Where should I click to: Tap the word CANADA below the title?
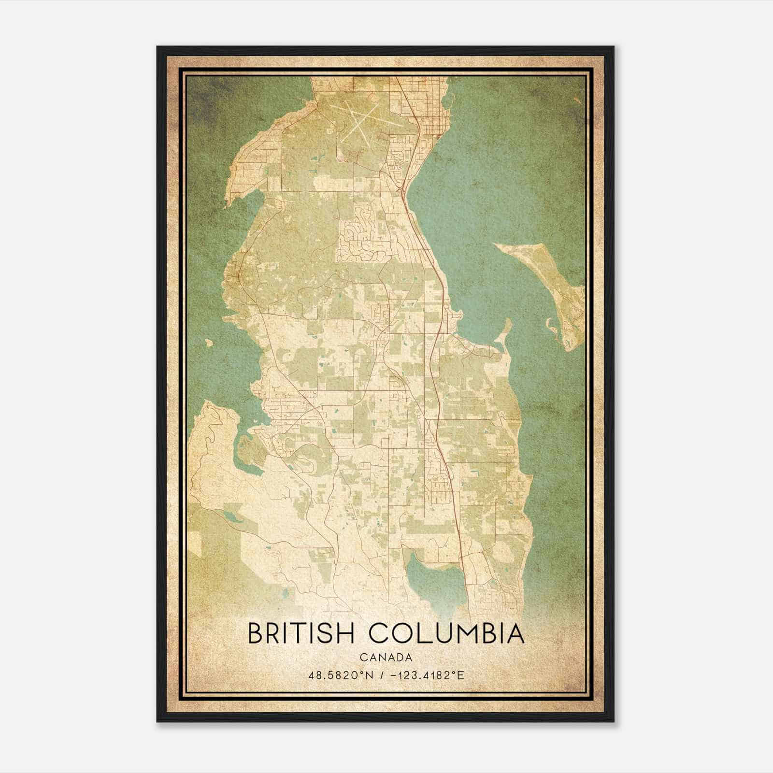coord(386,658)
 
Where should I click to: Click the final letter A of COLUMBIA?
coord(516,634)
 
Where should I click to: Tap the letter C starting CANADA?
coord(363,658)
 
